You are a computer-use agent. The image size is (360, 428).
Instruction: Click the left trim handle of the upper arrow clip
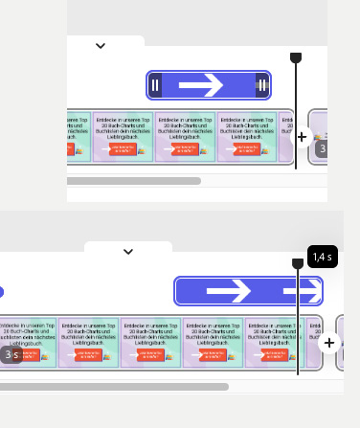(155, 86)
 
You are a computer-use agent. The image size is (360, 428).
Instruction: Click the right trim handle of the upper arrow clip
(261, 86)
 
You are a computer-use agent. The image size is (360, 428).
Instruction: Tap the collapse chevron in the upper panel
(101, 45)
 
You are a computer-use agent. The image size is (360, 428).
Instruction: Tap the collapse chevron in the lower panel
(128, 252)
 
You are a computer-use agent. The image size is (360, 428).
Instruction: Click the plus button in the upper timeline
(303, 137)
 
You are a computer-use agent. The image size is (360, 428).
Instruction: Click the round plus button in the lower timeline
(329, 343)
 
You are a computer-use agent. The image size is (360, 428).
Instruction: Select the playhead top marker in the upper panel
(296, 58)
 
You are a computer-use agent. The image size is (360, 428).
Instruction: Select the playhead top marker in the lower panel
(298, 262)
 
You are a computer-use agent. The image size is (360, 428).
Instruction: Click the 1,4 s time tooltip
(322, 257)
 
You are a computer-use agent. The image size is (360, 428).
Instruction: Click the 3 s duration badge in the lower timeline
(11, 354)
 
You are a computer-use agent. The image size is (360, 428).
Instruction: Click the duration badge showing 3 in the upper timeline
(323, 148)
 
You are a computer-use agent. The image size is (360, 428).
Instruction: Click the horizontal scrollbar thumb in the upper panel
(134, 180)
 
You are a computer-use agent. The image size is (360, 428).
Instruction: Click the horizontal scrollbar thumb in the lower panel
(115, 387)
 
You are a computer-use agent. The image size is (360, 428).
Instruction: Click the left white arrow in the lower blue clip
(229, 290)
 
